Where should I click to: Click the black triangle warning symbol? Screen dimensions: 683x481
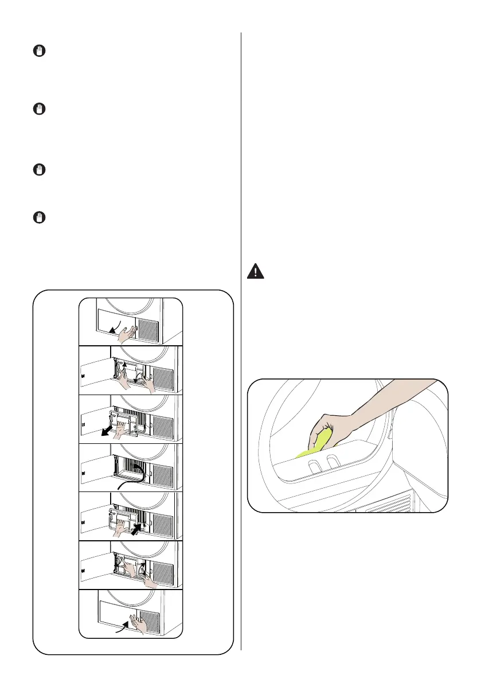click(x=255, y=271)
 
